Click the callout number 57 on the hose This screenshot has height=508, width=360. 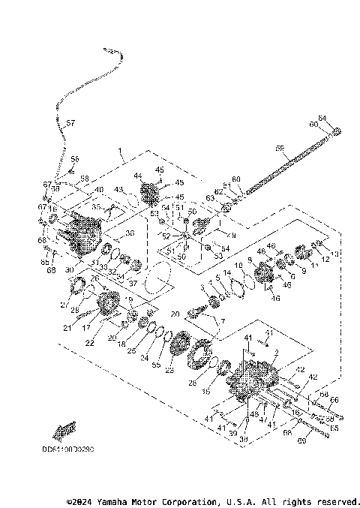70,123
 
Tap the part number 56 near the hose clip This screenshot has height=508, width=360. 75,159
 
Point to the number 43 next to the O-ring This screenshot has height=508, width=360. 118,189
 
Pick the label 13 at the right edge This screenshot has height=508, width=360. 334,254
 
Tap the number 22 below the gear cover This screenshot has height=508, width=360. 90,344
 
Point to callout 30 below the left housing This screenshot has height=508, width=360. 69,270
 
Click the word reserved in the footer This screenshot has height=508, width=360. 337,500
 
